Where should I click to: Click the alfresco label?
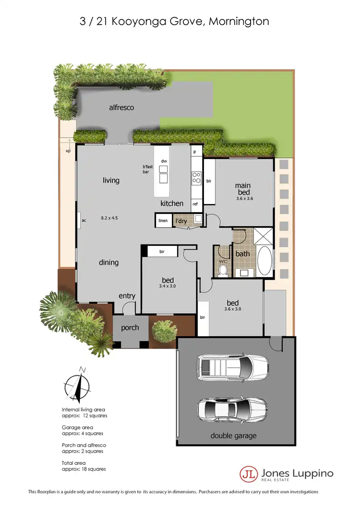point(121,108)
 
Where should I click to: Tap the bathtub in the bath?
point(264,260)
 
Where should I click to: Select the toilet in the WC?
point(222,271)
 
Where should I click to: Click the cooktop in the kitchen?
point(196,179)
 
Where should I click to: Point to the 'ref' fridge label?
point(195,204)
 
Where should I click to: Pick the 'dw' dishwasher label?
point(164,161)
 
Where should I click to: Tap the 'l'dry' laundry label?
point(180,221)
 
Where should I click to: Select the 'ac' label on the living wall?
point(83,221)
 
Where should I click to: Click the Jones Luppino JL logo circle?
point(247,473)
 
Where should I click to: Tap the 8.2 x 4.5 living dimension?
point(109,218)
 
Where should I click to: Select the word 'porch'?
point(130,327)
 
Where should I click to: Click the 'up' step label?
point(68,151)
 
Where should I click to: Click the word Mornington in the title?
point(239,21)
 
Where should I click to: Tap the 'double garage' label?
point(233,436)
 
